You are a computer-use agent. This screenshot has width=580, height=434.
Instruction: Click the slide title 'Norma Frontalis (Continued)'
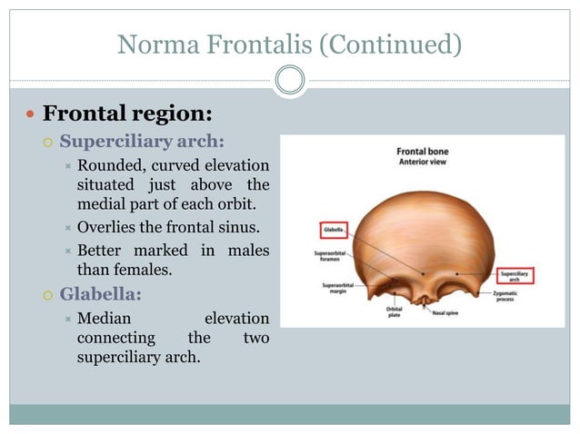pos(289,42)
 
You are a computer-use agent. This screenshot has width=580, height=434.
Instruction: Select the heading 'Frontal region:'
pos(127,114)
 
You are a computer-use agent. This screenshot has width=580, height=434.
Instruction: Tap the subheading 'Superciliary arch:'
pos(142,142)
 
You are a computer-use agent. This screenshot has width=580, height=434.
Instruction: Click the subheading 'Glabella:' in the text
pos(101,294)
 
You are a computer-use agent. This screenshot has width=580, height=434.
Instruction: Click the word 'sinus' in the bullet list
pos(239,227)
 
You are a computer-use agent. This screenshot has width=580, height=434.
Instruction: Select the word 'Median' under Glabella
pos(104,319)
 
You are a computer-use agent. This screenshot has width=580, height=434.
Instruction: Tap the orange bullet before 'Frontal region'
pos(30,115)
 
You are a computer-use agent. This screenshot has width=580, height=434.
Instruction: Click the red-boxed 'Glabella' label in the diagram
pos(334,232)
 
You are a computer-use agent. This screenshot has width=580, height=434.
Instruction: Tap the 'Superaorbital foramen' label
pos(332,257)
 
